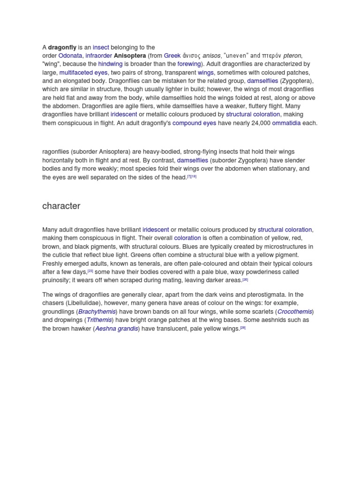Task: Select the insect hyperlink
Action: coord(101,47)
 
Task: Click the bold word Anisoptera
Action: coord(130,56)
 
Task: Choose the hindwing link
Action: coord(110,64)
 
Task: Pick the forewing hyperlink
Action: coord(189,64)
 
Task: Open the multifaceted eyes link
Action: coord(83,73)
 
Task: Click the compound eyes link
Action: coord(194,123)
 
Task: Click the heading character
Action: coord(61,206)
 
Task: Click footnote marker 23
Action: coord(90,271)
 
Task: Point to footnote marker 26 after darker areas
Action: coord(245,279)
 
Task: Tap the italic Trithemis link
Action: coord(99,320)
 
